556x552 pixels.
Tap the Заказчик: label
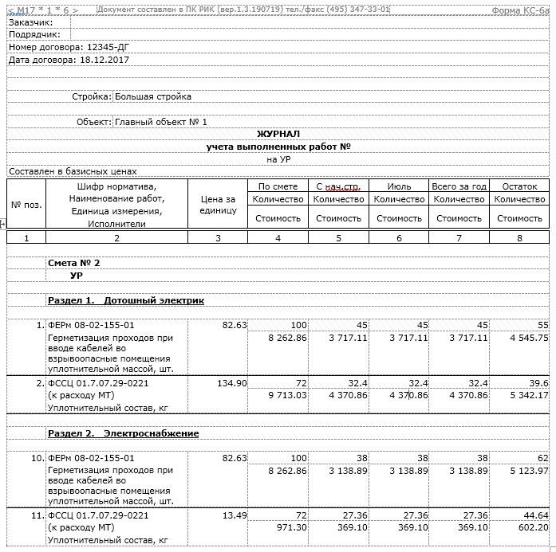(x=30, y=22)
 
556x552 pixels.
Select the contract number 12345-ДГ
(x=113, y=48)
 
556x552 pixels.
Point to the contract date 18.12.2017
(x=104, y=60)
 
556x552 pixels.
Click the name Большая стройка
(x=153, y=97)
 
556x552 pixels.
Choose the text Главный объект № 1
(x=161, y=122)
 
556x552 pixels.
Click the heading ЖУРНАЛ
(x=278, y=134)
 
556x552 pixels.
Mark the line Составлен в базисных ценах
(x=73, y=171)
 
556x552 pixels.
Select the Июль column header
(x=399, y=186)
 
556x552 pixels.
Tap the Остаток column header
(x=519, y=186)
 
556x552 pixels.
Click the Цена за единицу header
(x=218, y=205)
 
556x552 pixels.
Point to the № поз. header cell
(x=26, y=205)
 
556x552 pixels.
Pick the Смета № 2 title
(x=74, y=262)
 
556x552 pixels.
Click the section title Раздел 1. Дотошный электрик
(x=126, y=300)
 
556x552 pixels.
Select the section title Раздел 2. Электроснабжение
(x=124, y=433)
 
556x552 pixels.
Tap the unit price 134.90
(x=232, y=383)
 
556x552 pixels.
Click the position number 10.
(x=37, y=458)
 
